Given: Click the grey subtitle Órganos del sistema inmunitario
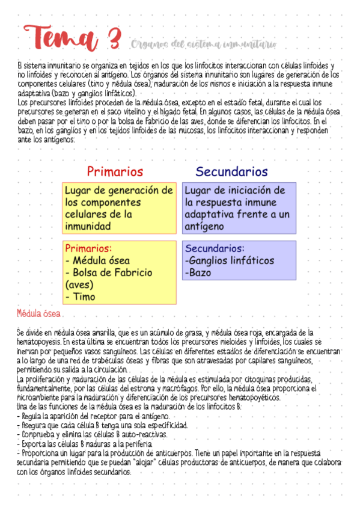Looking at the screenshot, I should coord(203,44).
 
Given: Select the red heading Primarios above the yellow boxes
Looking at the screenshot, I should coord(115,171).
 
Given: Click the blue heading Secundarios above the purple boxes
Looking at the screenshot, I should coord(231,171).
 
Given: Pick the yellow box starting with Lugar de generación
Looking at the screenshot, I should coord(119,208).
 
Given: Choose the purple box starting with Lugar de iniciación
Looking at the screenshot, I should coord(239,208).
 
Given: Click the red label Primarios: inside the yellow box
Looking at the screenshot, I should coord(88,248).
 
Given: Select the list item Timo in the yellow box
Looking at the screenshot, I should coord(83,296).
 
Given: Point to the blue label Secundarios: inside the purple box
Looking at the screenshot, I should coord(215,248).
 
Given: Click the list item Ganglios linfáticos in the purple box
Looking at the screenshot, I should coord(230,260).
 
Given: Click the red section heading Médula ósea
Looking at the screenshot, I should coord(38,313).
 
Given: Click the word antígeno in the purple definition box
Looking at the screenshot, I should coord(204,226).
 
